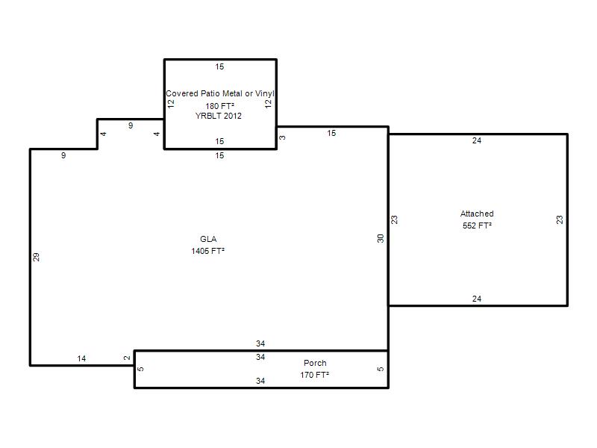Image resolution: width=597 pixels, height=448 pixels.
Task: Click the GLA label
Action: coord(208,239)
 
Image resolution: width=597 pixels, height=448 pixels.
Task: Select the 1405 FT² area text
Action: coord(208,251)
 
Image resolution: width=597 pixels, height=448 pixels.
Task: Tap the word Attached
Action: coord(477,214)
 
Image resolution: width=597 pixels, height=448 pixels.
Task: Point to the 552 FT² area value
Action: coord(477,225)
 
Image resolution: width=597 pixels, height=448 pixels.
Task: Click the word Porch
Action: coord(315,363)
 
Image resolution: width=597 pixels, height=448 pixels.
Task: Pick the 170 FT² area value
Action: coord(314,375)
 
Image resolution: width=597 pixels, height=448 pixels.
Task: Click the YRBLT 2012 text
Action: coord(219,116)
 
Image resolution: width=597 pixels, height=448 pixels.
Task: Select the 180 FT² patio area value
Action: coord(219,106)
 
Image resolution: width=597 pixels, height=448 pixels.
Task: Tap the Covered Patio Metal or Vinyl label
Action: coord(220,93)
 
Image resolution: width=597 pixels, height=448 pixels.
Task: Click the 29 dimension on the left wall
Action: coord(36,257)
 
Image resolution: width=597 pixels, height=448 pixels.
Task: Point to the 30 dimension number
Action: coord(381,238)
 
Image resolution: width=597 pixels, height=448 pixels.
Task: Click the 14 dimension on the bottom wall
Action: coord(81,358)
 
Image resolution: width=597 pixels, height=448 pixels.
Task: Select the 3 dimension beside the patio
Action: coord(282,137)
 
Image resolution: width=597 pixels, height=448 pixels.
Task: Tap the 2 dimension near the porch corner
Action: coord(127,358)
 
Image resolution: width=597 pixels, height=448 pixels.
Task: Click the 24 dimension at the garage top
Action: coord(477,140)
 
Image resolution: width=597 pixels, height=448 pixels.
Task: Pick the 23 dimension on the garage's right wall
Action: coord(559,220)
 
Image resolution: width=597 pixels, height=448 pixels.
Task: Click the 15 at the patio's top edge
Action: coord(219,66)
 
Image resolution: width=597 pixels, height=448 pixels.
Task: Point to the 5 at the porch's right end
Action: coord(381,369)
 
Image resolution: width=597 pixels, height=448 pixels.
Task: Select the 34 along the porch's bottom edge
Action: coord(260,381)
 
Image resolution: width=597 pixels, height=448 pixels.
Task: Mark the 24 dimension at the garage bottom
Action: coord(477,299)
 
